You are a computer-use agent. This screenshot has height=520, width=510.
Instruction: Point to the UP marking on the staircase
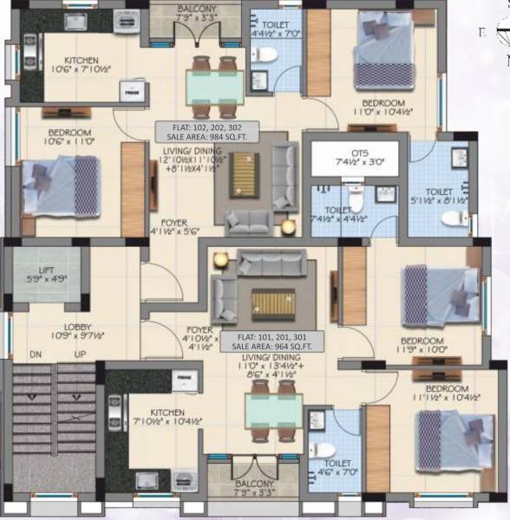81,355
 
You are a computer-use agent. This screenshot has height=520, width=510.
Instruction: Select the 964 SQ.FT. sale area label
267,345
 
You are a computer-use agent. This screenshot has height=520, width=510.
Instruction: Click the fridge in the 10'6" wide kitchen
133,89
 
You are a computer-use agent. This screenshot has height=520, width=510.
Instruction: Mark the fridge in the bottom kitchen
184,380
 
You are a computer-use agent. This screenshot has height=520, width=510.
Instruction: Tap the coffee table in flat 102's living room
244,175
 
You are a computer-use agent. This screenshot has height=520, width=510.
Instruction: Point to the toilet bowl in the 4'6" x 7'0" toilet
324,452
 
